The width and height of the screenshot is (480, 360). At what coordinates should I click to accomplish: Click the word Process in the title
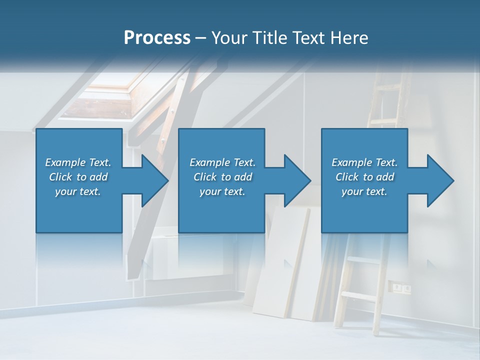[x=157, y=37]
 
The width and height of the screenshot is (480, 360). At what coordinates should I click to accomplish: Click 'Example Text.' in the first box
[x=78, y=162]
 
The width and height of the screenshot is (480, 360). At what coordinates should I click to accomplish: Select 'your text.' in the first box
[x=78, y=191]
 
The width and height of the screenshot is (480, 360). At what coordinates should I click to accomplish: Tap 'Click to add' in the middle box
[x=222, y=177]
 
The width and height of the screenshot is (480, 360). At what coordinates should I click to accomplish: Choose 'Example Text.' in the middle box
[x=222, y=162]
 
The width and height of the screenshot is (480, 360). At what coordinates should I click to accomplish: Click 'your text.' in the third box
[x=364, y=191]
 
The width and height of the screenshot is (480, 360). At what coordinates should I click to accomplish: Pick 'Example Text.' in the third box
[x=364, y=162]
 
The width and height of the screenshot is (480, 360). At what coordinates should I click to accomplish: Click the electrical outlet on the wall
[x=402, y=288]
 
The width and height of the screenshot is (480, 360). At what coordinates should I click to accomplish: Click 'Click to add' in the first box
[x=78, y=177]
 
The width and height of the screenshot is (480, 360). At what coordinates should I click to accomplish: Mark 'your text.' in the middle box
[x=222, y=191]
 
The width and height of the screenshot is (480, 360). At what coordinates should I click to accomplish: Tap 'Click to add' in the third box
[x=364, y=177]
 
